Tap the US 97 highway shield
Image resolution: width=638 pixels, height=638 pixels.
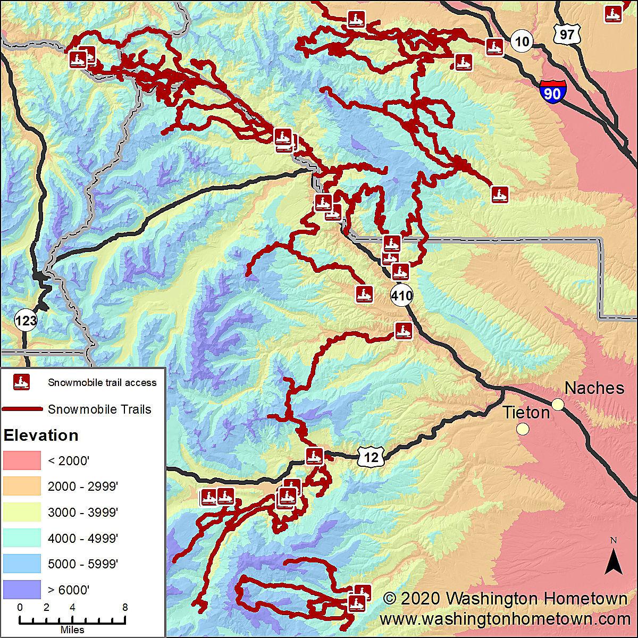click(567, 34)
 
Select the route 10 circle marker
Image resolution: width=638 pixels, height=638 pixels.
click(522, 41)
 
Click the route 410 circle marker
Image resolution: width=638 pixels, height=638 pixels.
click(401, 295)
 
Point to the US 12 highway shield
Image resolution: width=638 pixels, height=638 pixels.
click(371, 457)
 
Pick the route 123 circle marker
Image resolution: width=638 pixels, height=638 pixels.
click(26, 321)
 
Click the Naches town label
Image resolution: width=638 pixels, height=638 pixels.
click(594, 388)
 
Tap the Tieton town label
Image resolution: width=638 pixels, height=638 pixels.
click(526, 412)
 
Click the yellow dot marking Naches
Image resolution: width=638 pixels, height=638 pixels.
click(558, 405)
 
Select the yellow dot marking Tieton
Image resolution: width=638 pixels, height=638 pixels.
click(523, 429)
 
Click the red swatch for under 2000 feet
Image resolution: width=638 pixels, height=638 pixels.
click(22, 460)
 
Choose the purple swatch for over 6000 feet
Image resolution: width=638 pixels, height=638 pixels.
click(22, 589)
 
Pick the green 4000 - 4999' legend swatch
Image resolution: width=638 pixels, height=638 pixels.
click(22, 538)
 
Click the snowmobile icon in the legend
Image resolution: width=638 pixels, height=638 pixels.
click(22, 382)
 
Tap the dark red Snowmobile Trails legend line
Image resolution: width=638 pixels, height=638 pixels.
click(22, 409)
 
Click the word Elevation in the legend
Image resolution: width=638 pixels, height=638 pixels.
click(41, 435)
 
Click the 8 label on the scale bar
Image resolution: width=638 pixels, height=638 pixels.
click(125, 607)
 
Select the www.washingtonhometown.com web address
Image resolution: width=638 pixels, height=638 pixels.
click(505, 619)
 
